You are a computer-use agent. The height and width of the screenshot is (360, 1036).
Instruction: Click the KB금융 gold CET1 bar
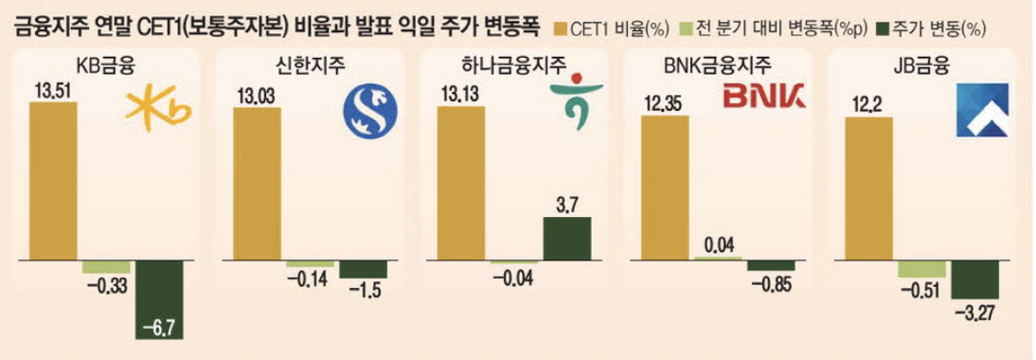54,179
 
